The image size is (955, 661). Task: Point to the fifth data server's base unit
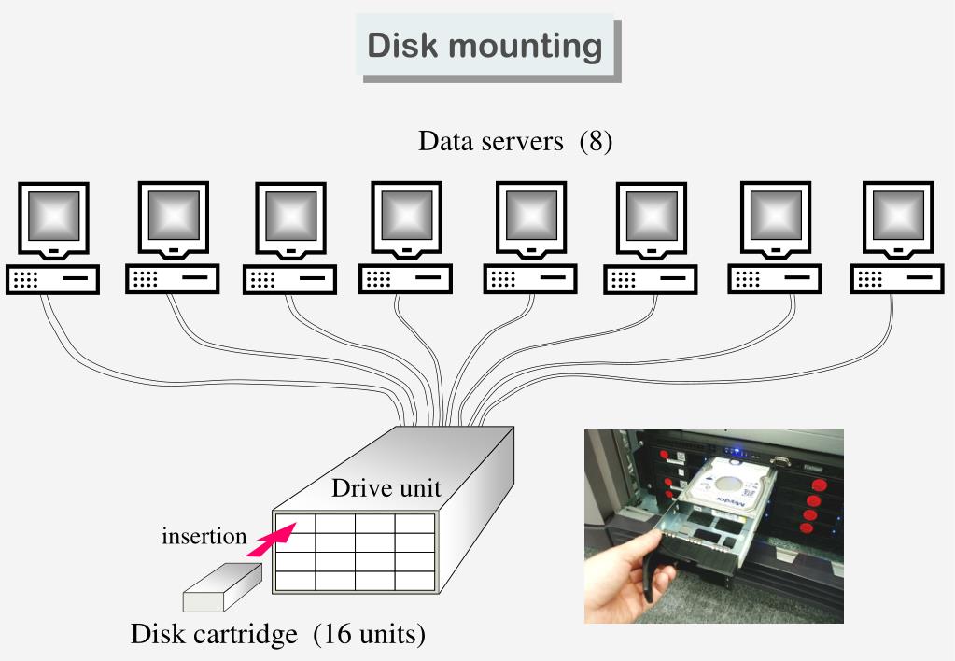pos(529,278)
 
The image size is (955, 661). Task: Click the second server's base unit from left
pos(172,278)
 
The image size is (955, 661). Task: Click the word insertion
pos(204,537)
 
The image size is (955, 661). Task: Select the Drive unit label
pos(386,488)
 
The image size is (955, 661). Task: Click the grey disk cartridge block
pos(218,586)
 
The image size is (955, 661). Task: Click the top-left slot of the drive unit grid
pos(295,525)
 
